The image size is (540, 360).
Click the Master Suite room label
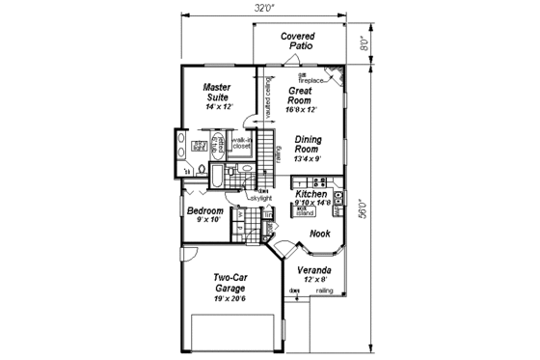[x=217, y=92]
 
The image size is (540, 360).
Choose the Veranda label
[x=314, y=269]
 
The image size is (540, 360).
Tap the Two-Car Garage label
[x=231, y=282]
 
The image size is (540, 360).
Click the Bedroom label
[x=204, y=211]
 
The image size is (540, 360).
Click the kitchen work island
[x=306, y=210]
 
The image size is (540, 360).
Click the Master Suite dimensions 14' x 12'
[x=218, y=106]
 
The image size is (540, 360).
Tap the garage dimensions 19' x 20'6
[x=232, y=297]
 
